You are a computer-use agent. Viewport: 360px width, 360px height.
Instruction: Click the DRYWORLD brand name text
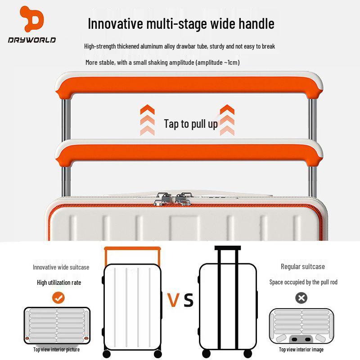(x=31, y=40)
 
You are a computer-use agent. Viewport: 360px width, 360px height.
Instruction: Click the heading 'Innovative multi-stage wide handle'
(x=181, y=23)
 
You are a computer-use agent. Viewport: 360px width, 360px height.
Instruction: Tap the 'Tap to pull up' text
(x=190, y=124)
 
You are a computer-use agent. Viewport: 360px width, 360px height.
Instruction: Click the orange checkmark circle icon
(x=58, y=297)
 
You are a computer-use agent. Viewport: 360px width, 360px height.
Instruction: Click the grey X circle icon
(x=301, y=297)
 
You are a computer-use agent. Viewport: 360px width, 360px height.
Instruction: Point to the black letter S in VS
(x=189, y=300)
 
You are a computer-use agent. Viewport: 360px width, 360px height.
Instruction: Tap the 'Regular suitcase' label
(x=302, y=266)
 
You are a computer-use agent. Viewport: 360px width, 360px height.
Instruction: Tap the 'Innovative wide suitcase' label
(x=61, y=267)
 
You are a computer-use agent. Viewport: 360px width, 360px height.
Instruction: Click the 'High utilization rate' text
(x=59, y=282)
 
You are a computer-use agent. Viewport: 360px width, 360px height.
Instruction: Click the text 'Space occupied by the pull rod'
(x=303, y=282)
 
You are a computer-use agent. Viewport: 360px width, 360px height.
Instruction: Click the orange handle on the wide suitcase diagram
(x=132, y=248)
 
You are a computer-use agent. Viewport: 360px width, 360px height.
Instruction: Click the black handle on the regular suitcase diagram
(x=228, y=248)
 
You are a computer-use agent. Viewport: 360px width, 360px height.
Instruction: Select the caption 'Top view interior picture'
(x=56, y=349)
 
